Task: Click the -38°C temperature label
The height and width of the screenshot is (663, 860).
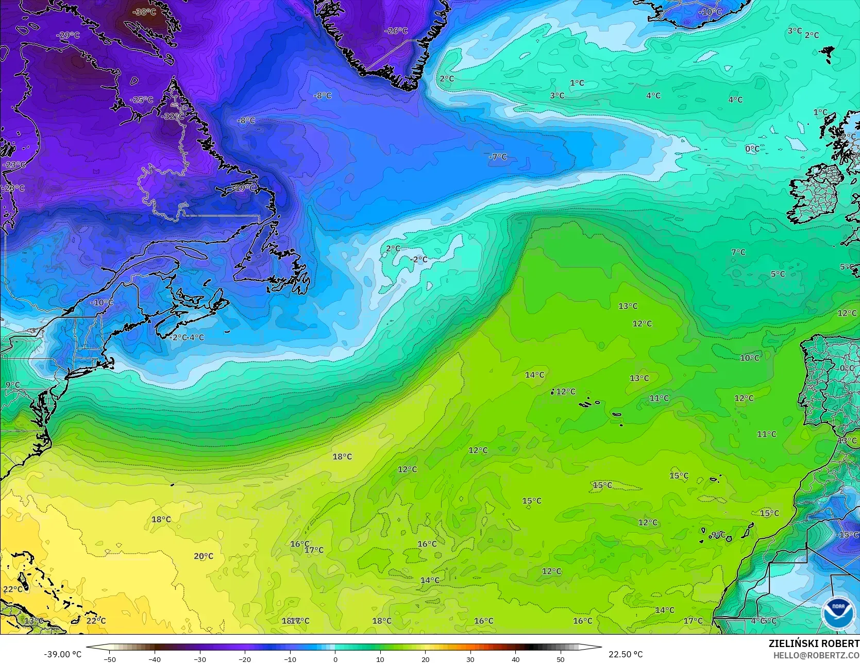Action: click(144, 11)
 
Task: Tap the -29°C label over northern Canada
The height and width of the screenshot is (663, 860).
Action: click(68, 35)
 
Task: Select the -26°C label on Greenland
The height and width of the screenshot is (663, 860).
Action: click(396, 31)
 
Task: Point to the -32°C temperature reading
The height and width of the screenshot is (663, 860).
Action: click(172, 116)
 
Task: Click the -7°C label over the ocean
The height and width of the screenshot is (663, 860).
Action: click(498, 157)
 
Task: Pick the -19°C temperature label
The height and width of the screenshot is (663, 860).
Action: click(243, 188)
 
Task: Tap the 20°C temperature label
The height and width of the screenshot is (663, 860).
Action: click(204, 556)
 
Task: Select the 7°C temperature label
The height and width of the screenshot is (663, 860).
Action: click(738, 252)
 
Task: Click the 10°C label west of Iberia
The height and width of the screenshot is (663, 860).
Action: click(750, 358)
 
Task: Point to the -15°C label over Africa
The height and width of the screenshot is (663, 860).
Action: click(847, 535)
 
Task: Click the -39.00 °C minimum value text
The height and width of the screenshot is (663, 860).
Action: click(62, 654)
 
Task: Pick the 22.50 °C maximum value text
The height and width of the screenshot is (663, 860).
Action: click(626, 654)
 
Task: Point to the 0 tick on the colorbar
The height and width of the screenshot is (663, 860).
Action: click(335, 659)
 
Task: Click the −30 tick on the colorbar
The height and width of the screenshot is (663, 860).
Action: click(200, 659)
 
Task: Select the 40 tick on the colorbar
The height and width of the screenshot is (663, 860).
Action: click(516, 659)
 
